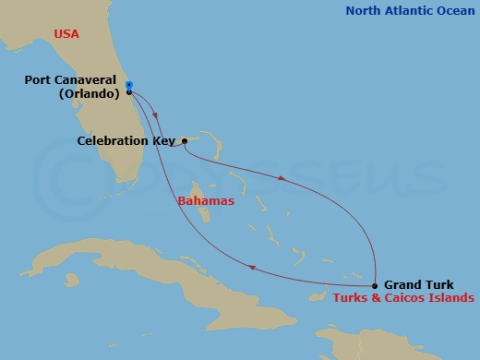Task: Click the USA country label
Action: click(66, 33)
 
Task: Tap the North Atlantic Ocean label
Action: click(408, 11)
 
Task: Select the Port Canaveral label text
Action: click(71, 80)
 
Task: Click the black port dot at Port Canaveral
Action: click(128, 92)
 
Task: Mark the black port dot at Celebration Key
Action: click(185, 141)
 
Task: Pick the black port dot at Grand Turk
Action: click(375, 285)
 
